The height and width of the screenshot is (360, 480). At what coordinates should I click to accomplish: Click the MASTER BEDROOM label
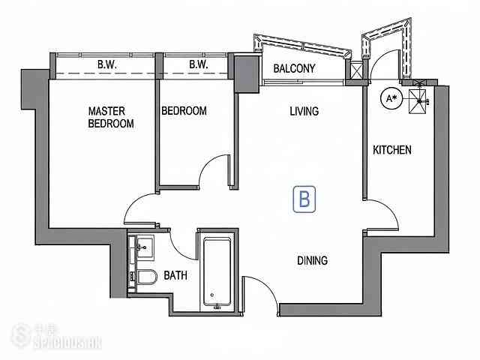tap(111, 117)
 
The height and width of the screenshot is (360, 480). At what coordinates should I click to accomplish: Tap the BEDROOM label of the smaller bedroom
tap(184, 111)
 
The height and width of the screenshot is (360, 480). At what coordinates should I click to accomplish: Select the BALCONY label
tap(294, 68)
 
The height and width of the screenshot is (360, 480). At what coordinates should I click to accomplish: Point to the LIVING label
tap(304, 111)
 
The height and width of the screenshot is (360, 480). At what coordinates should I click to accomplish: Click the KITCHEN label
tap(392, 150)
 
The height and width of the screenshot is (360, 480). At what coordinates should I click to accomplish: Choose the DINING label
tap(313, 260)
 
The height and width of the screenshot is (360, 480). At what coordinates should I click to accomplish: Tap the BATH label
tap(175, 275)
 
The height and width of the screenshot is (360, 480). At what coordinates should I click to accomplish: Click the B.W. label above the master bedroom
tap(106, 64)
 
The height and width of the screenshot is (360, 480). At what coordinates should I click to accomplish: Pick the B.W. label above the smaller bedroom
tap(198, 64)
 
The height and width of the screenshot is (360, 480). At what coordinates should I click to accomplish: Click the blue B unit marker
tap(304, 199)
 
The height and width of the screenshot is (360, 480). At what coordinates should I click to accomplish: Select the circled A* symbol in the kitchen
tap(391, 99)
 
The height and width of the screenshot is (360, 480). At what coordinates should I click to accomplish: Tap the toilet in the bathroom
tap(146, 277)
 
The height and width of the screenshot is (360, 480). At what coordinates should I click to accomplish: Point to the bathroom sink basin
tap(145, 247)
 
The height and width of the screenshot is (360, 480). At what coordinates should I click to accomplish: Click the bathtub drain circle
tap(211, 295)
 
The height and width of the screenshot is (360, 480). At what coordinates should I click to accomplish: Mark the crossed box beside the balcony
tap(356, 71)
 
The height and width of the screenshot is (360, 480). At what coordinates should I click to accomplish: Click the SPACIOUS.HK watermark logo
tap(57, 337)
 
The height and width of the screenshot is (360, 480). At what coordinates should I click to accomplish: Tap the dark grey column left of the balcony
tap(247, 73)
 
